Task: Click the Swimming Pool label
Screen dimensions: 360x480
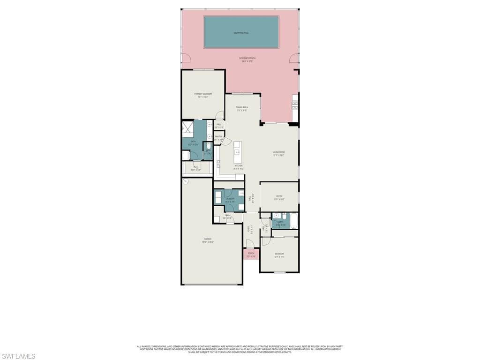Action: (x=241, y=33)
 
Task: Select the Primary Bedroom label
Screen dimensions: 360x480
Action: (x=203, y=95)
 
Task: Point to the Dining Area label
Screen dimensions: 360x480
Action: (x=242, y=108)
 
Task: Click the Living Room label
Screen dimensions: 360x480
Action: (x=279, y=153)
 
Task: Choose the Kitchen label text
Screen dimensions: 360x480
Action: (x=239, y=167)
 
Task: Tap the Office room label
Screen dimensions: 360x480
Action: (x=279, y=197)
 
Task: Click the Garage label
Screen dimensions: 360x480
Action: (x=207, y=240)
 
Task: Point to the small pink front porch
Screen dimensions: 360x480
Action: (x=251, y=254)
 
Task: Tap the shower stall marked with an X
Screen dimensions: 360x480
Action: (x=187, y=127)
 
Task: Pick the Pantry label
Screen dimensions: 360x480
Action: (x=218, y=137)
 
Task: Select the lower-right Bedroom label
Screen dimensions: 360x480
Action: (x=279, y=255)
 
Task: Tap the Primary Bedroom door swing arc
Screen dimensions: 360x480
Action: (x=219, y=115)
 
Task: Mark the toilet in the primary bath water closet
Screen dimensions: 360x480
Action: (x=208, y=146)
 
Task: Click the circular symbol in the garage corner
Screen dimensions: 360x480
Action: (x=186, y=181)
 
